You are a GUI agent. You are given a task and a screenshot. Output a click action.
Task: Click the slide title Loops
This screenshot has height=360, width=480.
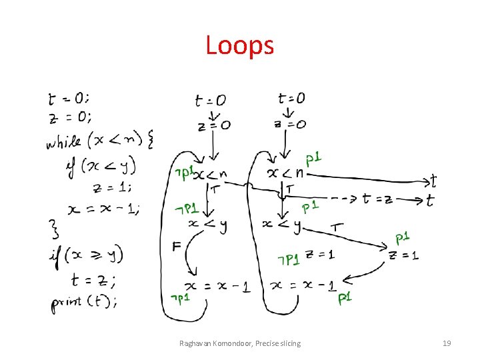click(x=239, y=45)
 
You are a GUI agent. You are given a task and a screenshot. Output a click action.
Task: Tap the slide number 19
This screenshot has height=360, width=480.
click(x=447, y=343)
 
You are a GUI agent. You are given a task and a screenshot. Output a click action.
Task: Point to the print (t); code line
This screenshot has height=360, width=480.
click(x=84, y=302)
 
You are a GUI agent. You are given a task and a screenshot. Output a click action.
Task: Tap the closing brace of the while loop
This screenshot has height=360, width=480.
click(x=56, y=231)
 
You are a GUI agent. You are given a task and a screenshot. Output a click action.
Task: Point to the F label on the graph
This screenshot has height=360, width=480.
click(x=177, y=247)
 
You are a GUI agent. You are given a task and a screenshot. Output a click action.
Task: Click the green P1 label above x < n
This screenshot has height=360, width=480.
click(x=313, y=159)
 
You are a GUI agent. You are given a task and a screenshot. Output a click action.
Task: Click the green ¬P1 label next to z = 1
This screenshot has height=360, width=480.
click(x=289, y=259)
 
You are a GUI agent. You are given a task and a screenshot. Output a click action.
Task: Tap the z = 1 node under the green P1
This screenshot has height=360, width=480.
click(x=404, y=255)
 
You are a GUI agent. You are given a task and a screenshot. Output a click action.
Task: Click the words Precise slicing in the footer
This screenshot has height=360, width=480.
click(x=274, y=343)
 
